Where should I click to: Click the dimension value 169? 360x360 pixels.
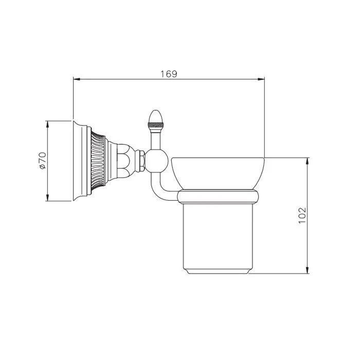tap(169, 74)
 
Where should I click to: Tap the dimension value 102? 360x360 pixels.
tap(302, 215)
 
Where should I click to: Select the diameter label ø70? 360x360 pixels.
tap(43, 160)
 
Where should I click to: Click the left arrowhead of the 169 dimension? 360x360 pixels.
tap(77, 79)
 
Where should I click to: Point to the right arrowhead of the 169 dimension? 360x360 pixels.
tap(261, 79)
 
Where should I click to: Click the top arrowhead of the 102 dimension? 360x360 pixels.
tap(307, 161)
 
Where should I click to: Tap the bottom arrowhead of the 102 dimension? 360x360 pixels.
tap(307, 270)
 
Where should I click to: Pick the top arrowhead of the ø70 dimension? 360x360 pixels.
tap(47, 124)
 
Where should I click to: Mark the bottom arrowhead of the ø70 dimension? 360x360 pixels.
tap(47, 197)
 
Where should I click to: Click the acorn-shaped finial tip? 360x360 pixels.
tap(156, 116)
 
